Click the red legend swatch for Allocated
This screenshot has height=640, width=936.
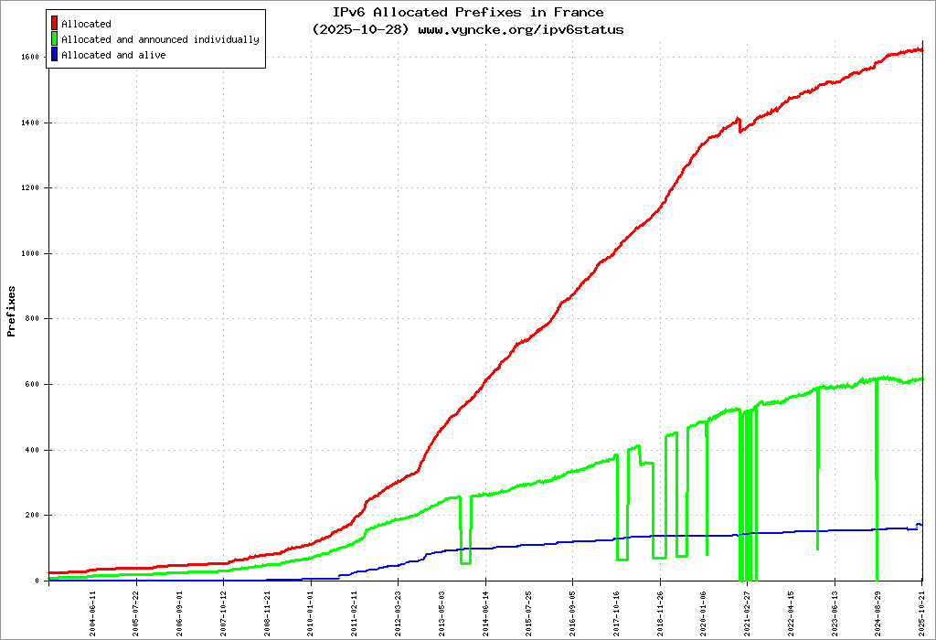click(55, 23)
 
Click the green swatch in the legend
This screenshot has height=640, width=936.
click(55, 39)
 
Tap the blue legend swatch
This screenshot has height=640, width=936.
click(55, 55)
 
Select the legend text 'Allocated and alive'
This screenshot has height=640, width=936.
click(113, 55)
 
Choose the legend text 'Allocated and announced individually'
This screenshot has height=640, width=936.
click(160, 39)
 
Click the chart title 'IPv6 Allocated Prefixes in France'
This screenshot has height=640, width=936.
click(468, 12)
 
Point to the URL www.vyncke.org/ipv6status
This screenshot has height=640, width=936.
click(521, 29)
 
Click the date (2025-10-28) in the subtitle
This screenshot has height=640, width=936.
click(362, 29)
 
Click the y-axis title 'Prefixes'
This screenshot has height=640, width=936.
click(12, 311)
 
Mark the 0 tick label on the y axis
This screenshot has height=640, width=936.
click(37, 581)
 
